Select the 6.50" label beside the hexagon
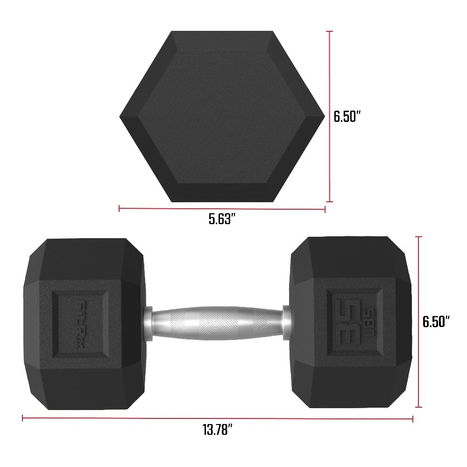click(x=348, y=116)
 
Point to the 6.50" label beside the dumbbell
click(x=436, y=322)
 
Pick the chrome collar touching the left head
click(x=148, y=322)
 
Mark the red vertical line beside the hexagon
click(x=330, y=117)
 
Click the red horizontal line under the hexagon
click(x=222, y=209)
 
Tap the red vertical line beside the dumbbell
click(x=419, y=322)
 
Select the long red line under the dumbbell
click(x=218, y=419)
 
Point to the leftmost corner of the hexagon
click(x=120, y=116)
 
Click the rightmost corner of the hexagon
click(x=325, y=116)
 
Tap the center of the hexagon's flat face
click(x=222, y=116)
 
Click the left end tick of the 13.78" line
click(x=23, y=419)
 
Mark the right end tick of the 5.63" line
click(x=325, y=209)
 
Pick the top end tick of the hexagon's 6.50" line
click(x=330, y=31)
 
